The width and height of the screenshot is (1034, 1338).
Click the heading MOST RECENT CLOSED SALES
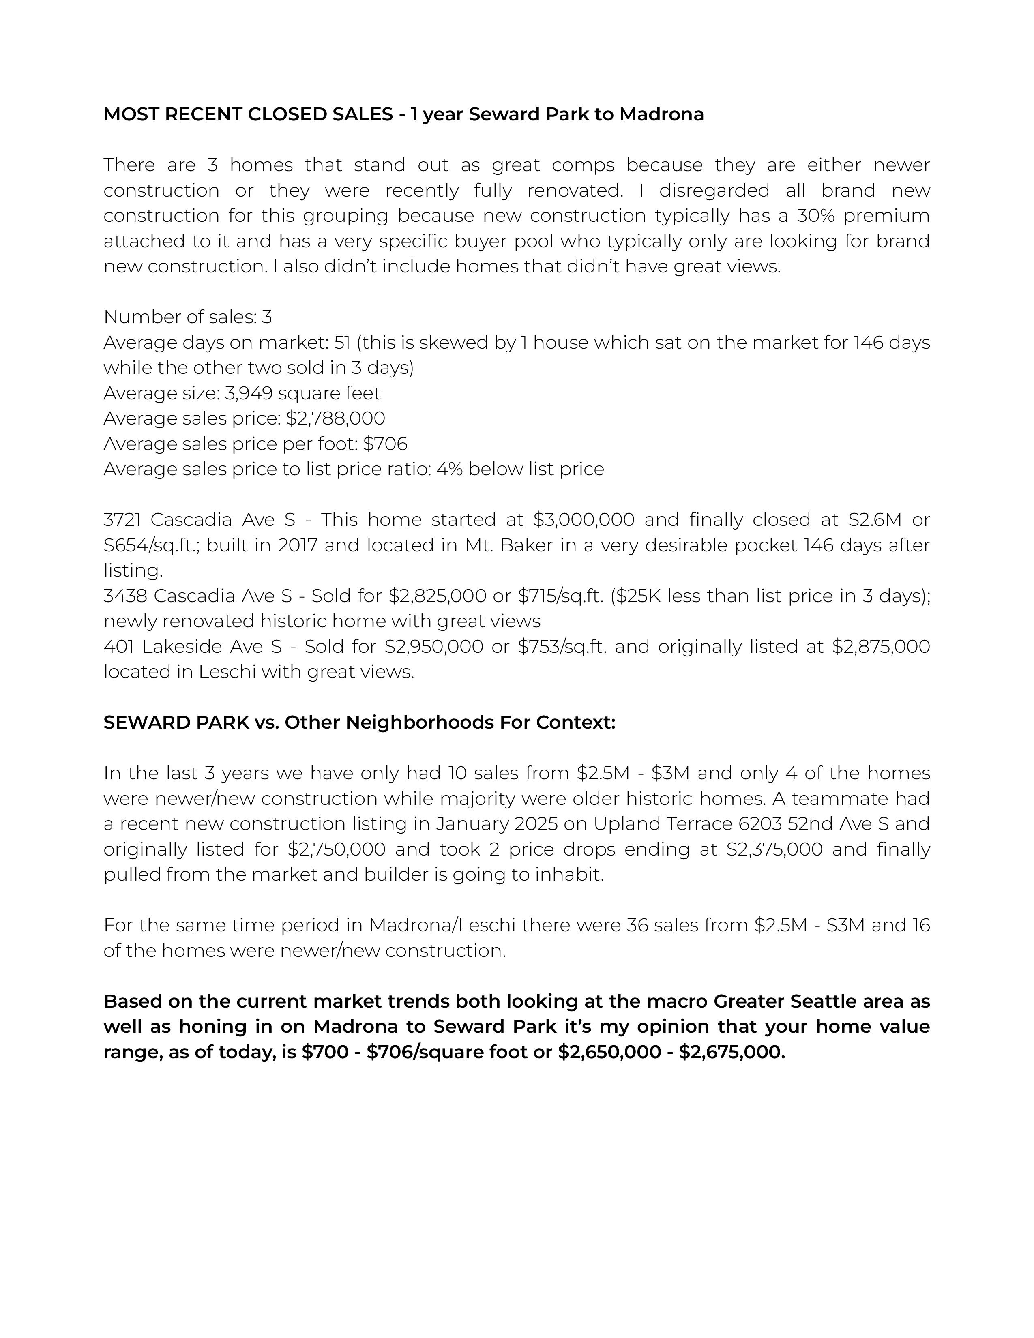pos(248,115)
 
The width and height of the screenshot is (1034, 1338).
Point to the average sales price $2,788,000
pos(336,418)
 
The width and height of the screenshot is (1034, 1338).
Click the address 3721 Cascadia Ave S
pos(200,519)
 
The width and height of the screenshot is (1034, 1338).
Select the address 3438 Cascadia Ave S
pos(200,596)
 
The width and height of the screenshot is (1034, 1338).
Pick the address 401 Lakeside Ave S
pos(193,646)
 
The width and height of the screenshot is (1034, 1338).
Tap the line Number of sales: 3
pos(188,317)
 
